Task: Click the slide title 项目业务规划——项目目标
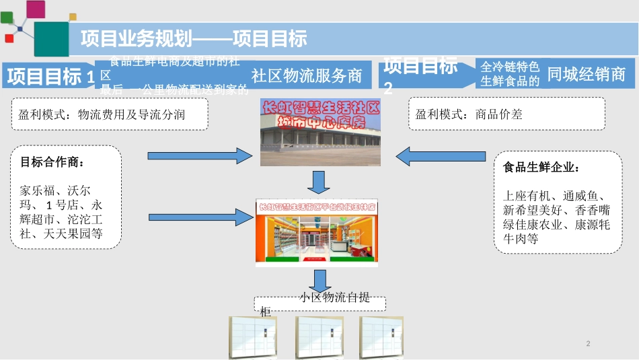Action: (x=194, y=38)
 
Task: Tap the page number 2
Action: (x=589, y=344)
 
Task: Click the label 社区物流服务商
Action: (x=307, y=75)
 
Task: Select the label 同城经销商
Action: (x=587, y=74)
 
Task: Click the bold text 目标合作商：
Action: (x=52, y=162)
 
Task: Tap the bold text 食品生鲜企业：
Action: (x=541, y=168)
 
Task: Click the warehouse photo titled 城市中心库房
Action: (x=320, y=133)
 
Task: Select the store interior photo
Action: (x=316, y=231)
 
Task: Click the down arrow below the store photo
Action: (x=320, y=280)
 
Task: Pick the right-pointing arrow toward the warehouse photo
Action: (x=199, y=156)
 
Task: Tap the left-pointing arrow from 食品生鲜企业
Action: (x=441, y=157)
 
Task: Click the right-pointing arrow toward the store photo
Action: (x=199, y=216)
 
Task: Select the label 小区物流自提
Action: (x=334, y=297)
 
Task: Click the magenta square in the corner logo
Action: (x=35, y=9)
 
